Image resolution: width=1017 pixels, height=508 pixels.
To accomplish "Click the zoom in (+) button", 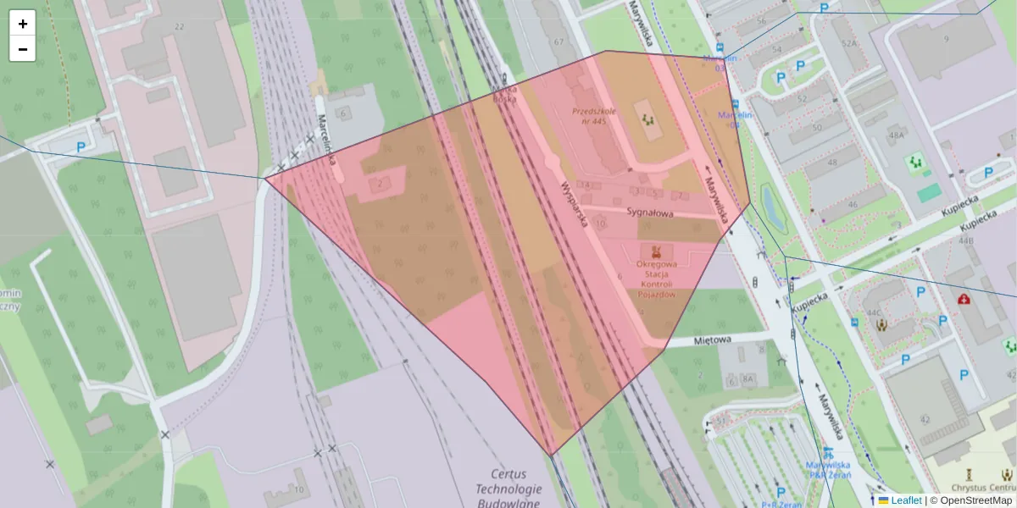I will (x=23, y=24).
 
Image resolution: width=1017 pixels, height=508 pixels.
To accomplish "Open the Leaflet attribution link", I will (x=905, y=500).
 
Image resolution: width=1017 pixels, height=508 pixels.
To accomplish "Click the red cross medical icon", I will (x=964, y=299).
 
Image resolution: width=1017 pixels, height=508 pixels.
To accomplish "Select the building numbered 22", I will (x=179, y=27).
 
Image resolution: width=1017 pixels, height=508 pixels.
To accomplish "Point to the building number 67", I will (x=558, y=41).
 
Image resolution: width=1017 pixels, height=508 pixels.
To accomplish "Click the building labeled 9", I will (x=945, y=39).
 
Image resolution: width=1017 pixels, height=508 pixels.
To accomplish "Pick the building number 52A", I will (x=850, y=43).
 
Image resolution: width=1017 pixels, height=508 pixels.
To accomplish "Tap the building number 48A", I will (x=897, y=135).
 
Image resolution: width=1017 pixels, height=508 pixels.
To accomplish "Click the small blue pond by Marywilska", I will (x=774, y=208).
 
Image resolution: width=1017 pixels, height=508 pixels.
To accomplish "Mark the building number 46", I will (x=852, y=204).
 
